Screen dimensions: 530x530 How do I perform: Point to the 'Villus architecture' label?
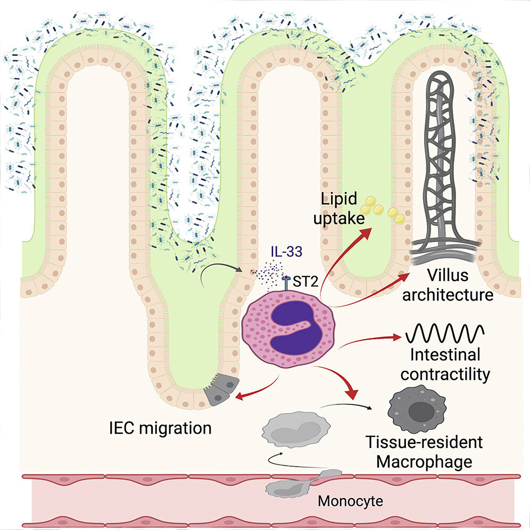[x=447, y=285]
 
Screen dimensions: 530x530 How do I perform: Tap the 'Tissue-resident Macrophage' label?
[x=424, y=451]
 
